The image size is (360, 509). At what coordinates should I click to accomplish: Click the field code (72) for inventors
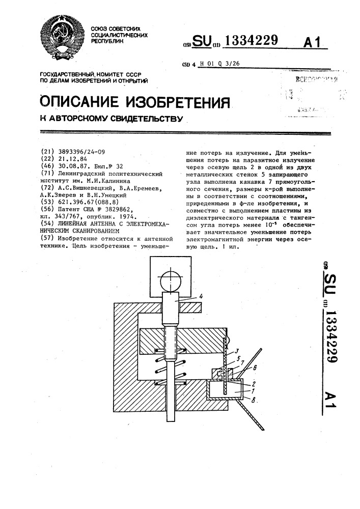(47, 187)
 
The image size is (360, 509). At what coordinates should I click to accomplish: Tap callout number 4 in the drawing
(202, 296)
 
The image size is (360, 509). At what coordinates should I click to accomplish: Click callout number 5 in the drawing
(238, 358)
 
